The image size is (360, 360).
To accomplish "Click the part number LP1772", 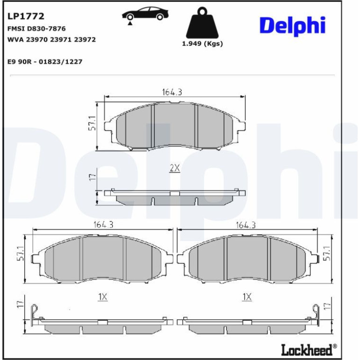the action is click(26, 16).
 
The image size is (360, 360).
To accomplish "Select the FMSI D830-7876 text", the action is click(36, 29).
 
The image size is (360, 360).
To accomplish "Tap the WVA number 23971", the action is click(61, 39).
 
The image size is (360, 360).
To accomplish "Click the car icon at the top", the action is click(145, 14).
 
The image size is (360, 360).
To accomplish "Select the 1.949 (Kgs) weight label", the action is click(202, 43).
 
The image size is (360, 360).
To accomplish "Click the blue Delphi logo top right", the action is click(293, 26).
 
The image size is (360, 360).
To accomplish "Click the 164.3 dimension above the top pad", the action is click(172, 92).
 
